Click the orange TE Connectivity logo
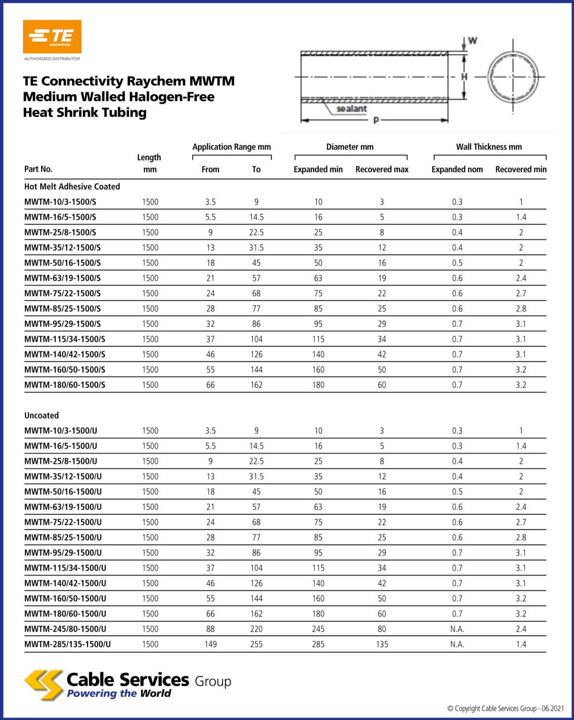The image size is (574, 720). pos(52,37)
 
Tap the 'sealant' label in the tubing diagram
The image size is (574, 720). pos(352,109)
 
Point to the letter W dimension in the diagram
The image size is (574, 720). pos(472,41)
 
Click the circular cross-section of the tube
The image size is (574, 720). pos(513,77)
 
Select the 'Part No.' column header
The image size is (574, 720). pos(38,169)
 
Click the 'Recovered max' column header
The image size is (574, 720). pos(382,169)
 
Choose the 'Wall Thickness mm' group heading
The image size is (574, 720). pos(489,147)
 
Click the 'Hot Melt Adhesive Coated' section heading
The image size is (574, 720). pos(72,187)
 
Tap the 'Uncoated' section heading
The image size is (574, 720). pos(42,415)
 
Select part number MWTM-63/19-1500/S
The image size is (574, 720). pos(62,278)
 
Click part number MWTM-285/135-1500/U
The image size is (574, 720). pos(68,644)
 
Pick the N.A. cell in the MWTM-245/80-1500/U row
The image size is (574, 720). pos(457,629)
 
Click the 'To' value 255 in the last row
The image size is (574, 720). pos(256,644)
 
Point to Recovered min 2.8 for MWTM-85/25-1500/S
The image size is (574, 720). pos(521,308)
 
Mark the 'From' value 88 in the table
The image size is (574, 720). pos(211,629)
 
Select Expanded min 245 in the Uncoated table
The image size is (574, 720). pos(318,629)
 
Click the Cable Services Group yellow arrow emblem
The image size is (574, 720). pos(44,685)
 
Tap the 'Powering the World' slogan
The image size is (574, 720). pos(119,694)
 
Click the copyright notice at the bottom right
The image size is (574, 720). pos(505,708)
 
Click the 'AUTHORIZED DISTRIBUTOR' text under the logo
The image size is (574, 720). pos(52,59)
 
